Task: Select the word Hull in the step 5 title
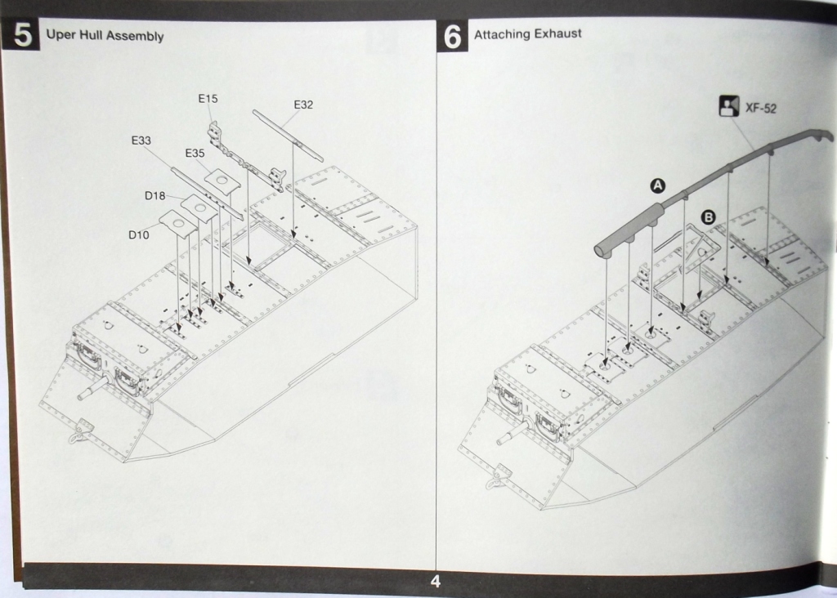click(x=87, y=36)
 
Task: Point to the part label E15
click(x=208, y=99)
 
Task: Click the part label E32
click(x=303, y=105)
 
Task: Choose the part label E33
click(x=141, y=141)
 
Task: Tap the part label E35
click(x=195, y=153)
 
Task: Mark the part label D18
click(x=155, y=195)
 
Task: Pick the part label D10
click(x=138, y=234)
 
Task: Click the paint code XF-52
click(x=761, y=108)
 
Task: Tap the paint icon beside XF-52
click(x=728, y=106)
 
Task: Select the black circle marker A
click(x=656, y=186)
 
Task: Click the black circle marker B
click(x=708, y=217)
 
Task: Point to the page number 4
click(x=435, y=582)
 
